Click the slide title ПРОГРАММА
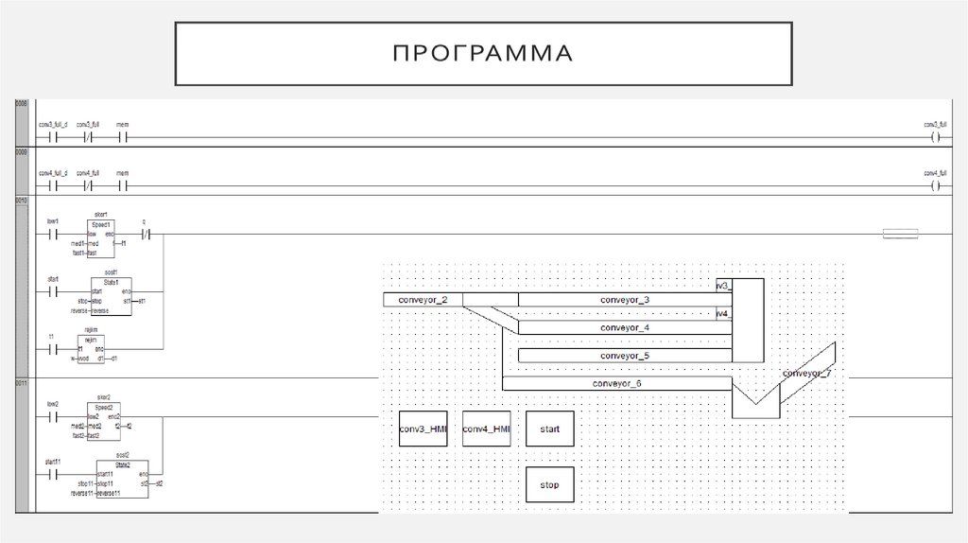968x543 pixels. click(484, 53)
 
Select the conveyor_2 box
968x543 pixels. click(423, 300)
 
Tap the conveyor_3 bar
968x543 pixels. click(625, 300)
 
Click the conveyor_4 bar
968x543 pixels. click(625, 327)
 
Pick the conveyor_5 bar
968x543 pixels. click(625, 356)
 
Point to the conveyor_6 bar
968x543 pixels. click(616, 383)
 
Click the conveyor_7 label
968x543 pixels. click(806, 373)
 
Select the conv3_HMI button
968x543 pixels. click(423, 429)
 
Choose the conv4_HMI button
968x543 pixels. click(486, 429)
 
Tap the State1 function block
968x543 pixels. click(112, 296)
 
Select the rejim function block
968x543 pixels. click(91, 348)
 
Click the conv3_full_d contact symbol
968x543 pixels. click(53, 136)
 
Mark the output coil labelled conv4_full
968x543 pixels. click(935, 185)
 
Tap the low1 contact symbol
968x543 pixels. click(53, 233)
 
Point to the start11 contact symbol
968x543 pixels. click(53, 473)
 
